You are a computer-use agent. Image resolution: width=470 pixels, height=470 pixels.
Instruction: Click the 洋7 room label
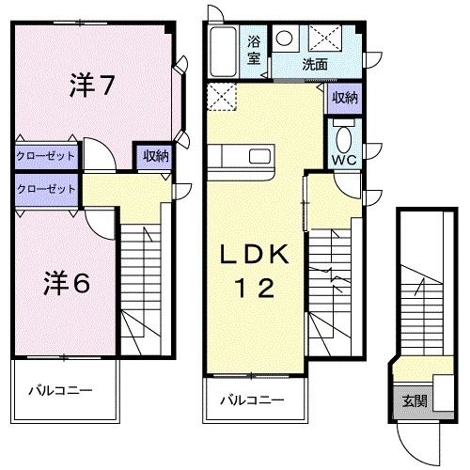(92, 86)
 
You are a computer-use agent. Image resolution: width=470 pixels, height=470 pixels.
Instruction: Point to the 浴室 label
(255, 51)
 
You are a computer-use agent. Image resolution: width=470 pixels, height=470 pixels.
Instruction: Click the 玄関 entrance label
(415, 399)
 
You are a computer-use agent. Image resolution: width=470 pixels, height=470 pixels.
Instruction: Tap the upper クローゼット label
(45, 156)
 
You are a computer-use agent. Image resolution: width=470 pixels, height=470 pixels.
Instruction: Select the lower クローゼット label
(45, 188)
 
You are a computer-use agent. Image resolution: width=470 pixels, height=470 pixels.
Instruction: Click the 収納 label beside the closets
(155, 157)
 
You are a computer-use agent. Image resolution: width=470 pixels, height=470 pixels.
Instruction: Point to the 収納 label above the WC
(343, 97)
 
